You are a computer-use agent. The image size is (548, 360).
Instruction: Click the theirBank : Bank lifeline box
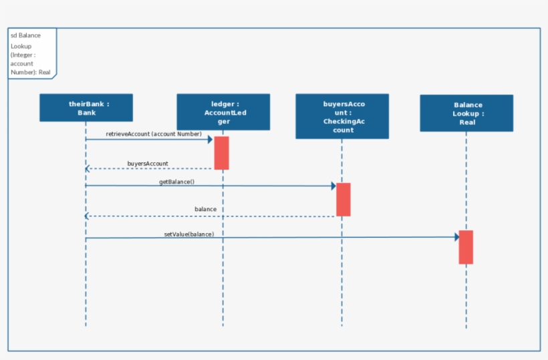click(x=86, y=108)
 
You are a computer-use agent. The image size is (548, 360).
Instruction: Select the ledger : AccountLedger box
click(x=223, y=112)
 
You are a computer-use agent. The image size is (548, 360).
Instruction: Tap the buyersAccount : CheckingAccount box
click(x=342, y=116)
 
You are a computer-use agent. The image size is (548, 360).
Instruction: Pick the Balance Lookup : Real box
click(x=466, y=113)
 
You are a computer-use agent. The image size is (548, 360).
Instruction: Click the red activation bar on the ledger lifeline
click(x=221, y=153)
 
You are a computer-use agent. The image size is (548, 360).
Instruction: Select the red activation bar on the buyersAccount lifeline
click(x=343, y=199)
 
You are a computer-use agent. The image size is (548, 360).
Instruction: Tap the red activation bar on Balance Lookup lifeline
click(x=466, y=247)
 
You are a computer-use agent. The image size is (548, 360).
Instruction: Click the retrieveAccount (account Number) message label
click(x=154, y=134)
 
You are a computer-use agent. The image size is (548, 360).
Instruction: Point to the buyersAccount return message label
click(x=148, y=163)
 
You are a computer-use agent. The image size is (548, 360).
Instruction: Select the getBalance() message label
click(x=176, y=182)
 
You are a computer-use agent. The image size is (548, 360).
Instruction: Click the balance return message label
click(x=205, y=209)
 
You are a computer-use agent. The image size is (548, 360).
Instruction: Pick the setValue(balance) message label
click(x=189, y=234)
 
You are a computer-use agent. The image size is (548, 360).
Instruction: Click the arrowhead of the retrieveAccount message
click(x=209, y=140)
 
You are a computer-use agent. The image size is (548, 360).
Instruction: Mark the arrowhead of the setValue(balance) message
click(x=456, y=237)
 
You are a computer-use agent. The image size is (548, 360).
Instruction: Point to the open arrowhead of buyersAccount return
click(x=88, y=168)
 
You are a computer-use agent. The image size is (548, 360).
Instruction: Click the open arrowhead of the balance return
click(x=88, y=216)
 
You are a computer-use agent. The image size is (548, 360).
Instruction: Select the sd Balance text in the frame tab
click(x=25, y=35)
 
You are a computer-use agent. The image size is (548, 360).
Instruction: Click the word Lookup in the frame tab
click(x=21, y=46)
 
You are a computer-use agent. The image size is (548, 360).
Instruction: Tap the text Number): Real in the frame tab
click(x=31, y=71)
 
